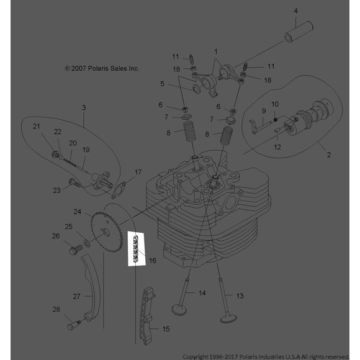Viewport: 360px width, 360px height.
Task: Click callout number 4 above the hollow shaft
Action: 295,11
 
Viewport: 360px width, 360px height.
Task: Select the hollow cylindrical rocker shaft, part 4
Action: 299,32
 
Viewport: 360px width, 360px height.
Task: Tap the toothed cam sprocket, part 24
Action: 106,232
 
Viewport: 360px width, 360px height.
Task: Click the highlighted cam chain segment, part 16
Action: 135,249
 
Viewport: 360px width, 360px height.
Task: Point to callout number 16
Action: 153,261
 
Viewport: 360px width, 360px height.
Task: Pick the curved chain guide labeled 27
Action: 91,289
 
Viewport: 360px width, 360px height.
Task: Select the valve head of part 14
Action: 179,310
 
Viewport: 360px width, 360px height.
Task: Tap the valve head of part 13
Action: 228,318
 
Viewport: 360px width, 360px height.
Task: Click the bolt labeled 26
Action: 76,250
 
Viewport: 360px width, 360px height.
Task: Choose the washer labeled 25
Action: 87,243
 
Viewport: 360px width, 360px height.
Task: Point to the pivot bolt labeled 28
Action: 74,325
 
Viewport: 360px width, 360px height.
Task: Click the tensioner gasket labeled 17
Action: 119,191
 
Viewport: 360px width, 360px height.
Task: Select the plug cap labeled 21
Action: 56,155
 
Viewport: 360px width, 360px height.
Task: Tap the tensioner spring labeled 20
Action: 70,162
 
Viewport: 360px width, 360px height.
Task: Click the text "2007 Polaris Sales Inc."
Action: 105,68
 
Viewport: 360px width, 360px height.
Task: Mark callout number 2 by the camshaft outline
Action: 329,155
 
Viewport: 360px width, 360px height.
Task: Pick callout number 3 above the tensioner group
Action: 84,107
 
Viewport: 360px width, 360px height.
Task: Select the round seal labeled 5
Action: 196,89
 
